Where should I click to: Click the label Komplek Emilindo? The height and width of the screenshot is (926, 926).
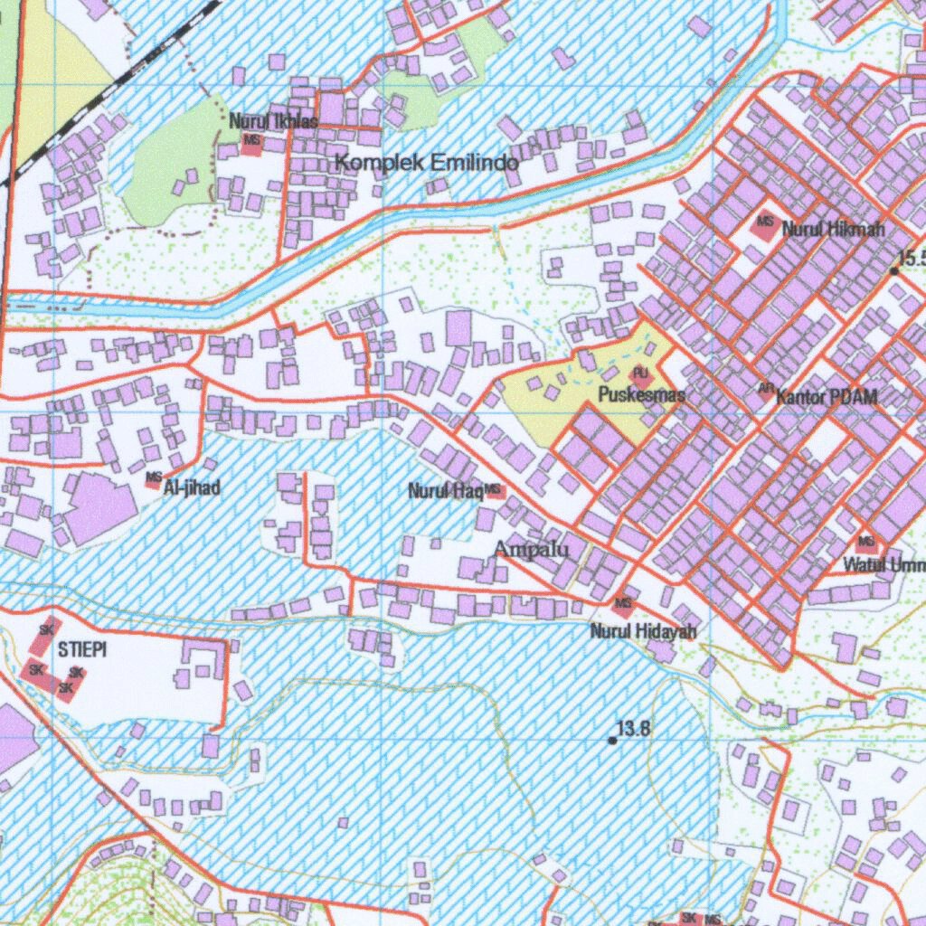427,163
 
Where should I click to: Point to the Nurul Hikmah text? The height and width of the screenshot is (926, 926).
833,229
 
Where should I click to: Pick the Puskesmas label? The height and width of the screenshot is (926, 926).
641,395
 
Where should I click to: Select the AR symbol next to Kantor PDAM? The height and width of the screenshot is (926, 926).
765,391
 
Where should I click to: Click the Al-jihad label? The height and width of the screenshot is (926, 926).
191,488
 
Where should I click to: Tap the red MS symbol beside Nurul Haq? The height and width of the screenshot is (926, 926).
494,491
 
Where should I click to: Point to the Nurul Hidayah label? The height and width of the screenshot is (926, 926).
643,631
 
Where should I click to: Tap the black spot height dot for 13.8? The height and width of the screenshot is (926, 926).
612,740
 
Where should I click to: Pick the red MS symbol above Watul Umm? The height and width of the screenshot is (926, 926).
866,543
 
